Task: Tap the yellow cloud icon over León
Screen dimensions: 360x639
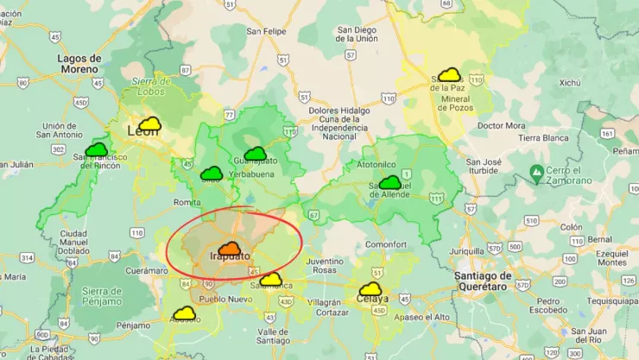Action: coord(150,123)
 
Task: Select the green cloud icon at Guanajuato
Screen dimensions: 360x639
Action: coord(256,153)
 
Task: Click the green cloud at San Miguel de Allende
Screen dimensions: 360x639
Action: coord(390,182)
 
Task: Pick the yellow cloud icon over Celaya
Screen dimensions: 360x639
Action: coord(371,289)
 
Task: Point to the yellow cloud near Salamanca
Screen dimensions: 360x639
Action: coord(271,279)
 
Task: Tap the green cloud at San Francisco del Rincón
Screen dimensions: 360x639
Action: coord(97,149)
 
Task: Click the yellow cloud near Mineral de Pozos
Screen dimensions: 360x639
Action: coord(449,75)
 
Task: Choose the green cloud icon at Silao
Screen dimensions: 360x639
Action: coord(212,174)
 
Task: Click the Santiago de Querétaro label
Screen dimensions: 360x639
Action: coord(493,281)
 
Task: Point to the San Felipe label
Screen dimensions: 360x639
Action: coord(266,32)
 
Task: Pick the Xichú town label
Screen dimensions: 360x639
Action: coord(570,84)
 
